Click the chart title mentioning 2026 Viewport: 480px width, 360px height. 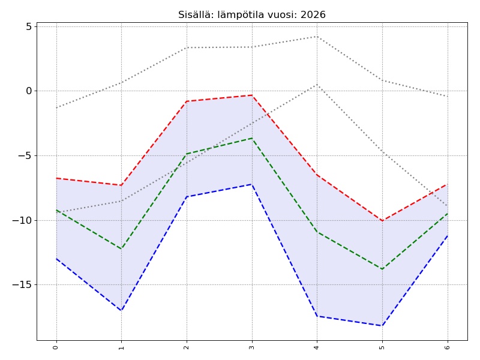251,15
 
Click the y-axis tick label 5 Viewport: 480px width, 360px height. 28,26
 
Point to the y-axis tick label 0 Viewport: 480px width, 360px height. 28,91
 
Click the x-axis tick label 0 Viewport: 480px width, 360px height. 56,347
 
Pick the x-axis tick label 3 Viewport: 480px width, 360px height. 251,347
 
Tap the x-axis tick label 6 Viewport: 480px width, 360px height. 447,347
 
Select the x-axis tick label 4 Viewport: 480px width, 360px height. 317,347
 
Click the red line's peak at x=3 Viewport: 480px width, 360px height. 251,95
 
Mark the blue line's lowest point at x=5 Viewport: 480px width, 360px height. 382,326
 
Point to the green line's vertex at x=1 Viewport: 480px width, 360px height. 121,248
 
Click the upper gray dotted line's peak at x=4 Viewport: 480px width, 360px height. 317,37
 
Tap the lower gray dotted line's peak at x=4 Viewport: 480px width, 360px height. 317,85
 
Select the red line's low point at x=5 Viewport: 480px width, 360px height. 382,221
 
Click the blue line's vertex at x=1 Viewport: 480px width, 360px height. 121,310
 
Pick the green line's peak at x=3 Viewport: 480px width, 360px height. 251,139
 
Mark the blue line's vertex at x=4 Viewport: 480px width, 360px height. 317,316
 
